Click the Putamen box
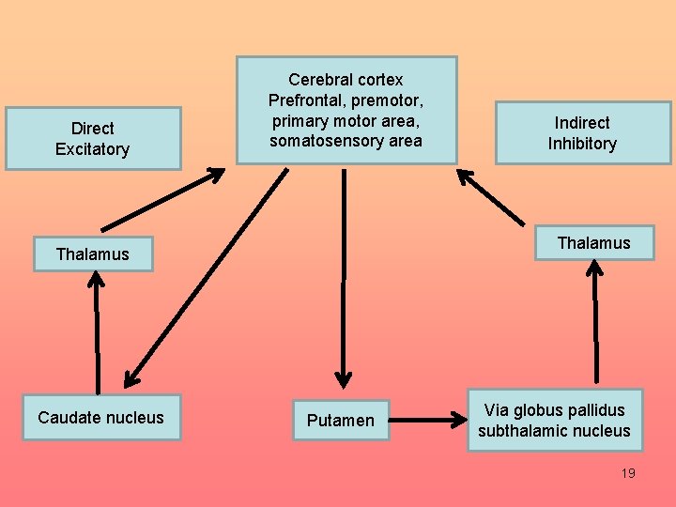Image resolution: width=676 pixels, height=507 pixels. (x=341, y=420)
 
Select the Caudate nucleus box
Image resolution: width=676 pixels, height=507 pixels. (x=100, y=418)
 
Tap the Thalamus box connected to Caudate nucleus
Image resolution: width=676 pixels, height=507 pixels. (x=92, y=253)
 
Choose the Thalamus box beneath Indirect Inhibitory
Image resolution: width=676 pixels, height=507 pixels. (x=593, y=243)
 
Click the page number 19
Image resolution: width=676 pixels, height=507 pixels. (x=628, y=473)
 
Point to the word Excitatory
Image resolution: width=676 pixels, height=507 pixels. (x=92, y=149)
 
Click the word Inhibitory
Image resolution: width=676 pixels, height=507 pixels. (x=582, y=144)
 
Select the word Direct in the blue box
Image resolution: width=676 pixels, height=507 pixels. (x=92, y=128)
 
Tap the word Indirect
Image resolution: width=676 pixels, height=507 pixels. (x=582, y=123)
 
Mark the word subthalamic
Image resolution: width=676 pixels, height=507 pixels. (x=522, y=431)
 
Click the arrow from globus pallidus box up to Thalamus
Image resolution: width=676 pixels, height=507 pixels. (x=594, y=319)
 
